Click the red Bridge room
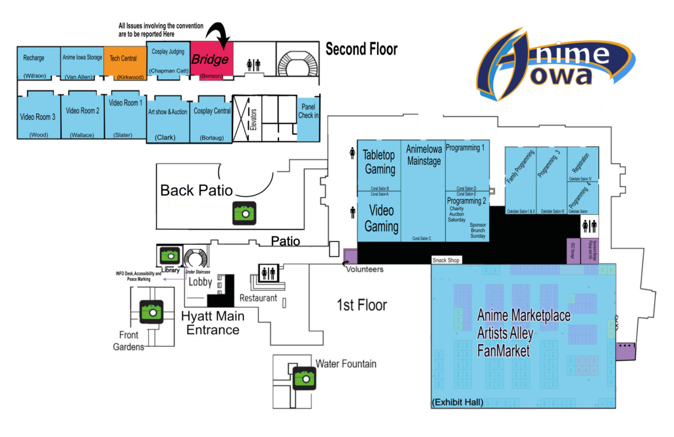point(209,61)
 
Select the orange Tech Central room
point(123,61)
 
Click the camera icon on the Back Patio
point(244,213)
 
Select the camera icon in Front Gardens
point(151,310)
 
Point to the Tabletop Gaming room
point(380,162)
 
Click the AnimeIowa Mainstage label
point(423,156)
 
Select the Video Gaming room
point(381,218)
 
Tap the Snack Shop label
point(445,260)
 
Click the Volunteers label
point(364,269)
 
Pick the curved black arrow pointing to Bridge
point(220,36)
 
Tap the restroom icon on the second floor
point(253,65)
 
